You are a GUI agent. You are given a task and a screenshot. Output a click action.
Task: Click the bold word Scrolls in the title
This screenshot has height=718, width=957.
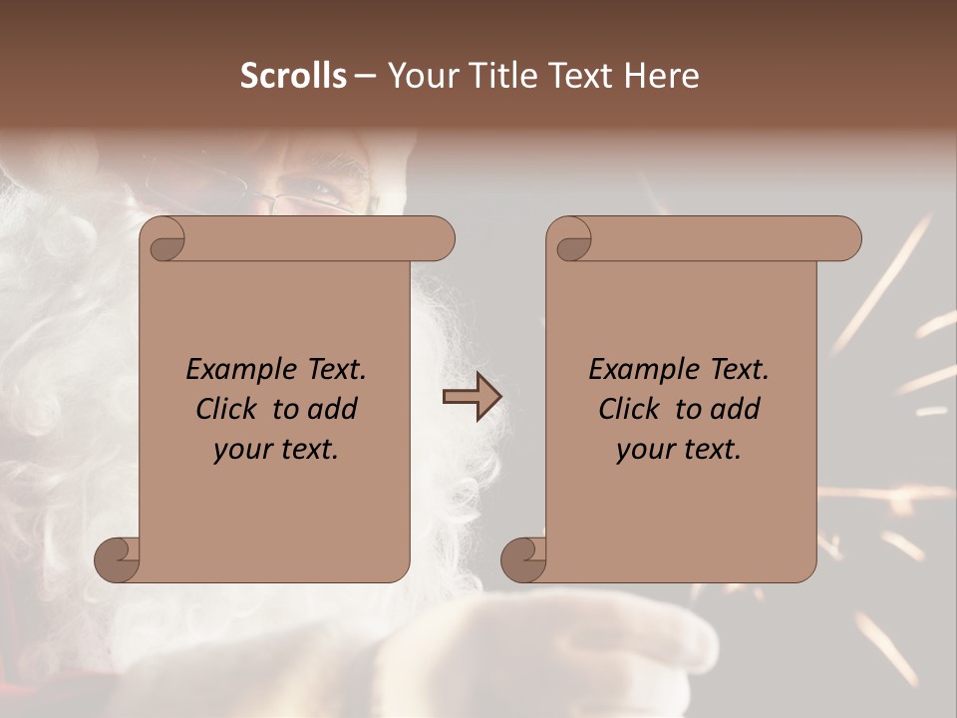(293, 76)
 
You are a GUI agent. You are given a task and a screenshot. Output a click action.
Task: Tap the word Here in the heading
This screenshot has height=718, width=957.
(662, 76)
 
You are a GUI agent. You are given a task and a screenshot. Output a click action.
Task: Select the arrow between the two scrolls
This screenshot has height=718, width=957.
(472, 397)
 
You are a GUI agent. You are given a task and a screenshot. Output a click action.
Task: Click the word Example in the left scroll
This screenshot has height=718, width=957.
(230, 370)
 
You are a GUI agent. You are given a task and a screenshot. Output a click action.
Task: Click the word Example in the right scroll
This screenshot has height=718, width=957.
(634, 370)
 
